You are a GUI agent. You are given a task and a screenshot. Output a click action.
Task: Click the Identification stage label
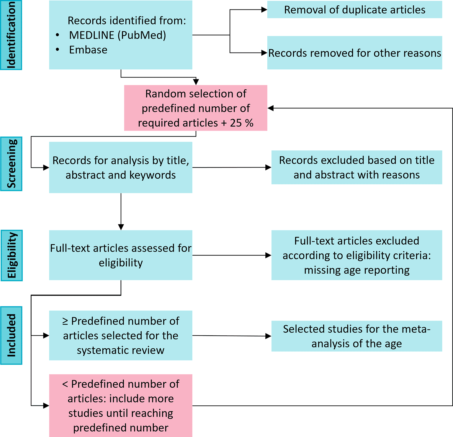click(11, 35)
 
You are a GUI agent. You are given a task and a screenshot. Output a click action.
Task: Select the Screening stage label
click(11, 164)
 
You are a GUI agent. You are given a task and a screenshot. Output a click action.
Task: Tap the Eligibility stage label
click(12, 255)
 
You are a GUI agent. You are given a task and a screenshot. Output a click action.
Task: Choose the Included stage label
click(11, 335)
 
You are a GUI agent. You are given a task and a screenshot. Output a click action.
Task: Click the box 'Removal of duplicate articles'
click(354, 10)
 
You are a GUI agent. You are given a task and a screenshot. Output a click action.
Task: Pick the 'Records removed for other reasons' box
click(354, 53)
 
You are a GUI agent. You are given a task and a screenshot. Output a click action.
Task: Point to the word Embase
click(88, 50)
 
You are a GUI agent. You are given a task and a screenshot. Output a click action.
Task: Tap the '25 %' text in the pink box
click(241, 123)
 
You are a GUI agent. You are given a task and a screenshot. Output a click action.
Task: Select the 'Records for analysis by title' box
click(120, 168)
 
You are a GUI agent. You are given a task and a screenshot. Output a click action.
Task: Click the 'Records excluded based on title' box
click(356, 168)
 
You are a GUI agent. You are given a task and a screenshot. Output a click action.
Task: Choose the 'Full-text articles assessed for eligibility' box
click(120, 255)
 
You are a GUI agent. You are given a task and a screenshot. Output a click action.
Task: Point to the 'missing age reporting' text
click(356, 270)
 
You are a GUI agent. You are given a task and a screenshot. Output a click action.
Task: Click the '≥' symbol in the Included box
click(65, 321)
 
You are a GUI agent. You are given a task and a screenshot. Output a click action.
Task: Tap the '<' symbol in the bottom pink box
click(65, 384)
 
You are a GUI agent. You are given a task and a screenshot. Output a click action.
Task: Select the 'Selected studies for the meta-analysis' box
click(356, 336)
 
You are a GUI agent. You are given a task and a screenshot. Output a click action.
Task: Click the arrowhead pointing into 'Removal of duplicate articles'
click(264, 10)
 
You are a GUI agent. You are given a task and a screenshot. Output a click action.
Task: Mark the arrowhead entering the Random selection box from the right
click(270, 108)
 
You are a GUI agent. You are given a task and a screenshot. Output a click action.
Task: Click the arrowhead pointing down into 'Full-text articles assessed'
click(121, 227)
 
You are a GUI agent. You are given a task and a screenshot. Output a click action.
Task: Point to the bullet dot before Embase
click(58, 50)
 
